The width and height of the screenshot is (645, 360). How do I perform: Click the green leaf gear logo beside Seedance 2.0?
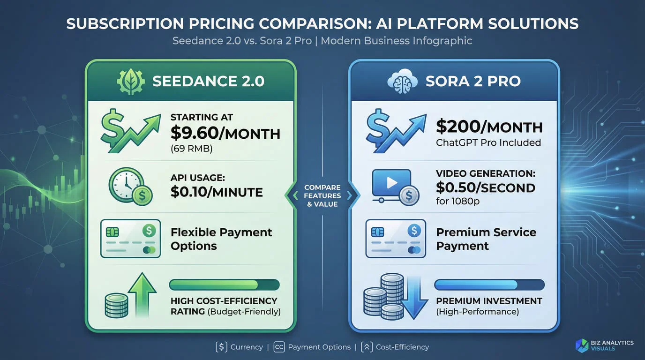[x=131, y=82]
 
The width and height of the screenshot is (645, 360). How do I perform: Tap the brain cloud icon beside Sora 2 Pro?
[x=402, y=81]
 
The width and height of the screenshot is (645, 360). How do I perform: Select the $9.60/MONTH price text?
[x=225, y=133]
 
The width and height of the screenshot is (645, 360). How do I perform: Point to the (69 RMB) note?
[x=191, y=149]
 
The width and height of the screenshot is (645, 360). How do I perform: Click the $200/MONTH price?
[x=489, y=127]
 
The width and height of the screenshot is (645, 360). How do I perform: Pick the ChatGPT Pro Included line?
[x=488, y=142]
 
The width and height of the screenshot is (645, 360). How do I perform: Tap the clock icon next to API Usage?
[x=130, y=187]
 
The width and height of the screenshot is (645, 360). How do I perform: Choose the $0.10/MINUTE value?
[x=217, y=192]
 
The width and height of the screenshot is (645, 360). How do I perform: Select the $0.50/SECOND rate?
[x=486, y=187]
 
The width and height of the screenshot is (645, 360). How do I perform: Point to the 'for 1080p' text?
[x=458, y=201]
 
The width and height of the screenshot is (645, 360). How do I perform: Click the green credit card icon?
[x=130, y=239]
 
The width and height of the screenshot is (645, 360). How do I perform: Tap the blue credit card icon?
[x=396, y=239]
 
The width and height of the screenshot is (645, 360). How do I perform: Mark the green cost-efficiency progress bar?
[x=225, y=285]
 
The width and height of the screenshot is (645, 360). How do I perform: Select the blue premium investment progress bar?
[x=489, y=285]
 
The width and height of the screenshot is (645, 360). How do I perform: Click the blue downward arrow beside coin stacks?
[x=414, y=298]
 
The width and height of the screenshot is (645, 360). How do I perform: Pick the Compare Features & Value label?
[x=322, y=196]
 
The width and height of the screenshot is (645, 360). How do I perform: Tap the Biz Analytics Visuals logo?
[x=604, y=345]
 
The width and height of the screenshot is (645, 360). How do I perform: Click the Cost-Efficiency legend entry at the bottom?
[x=395, y=347]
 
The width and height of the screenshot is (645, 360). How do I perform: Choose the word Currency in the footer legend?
[x=247, y=347]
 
